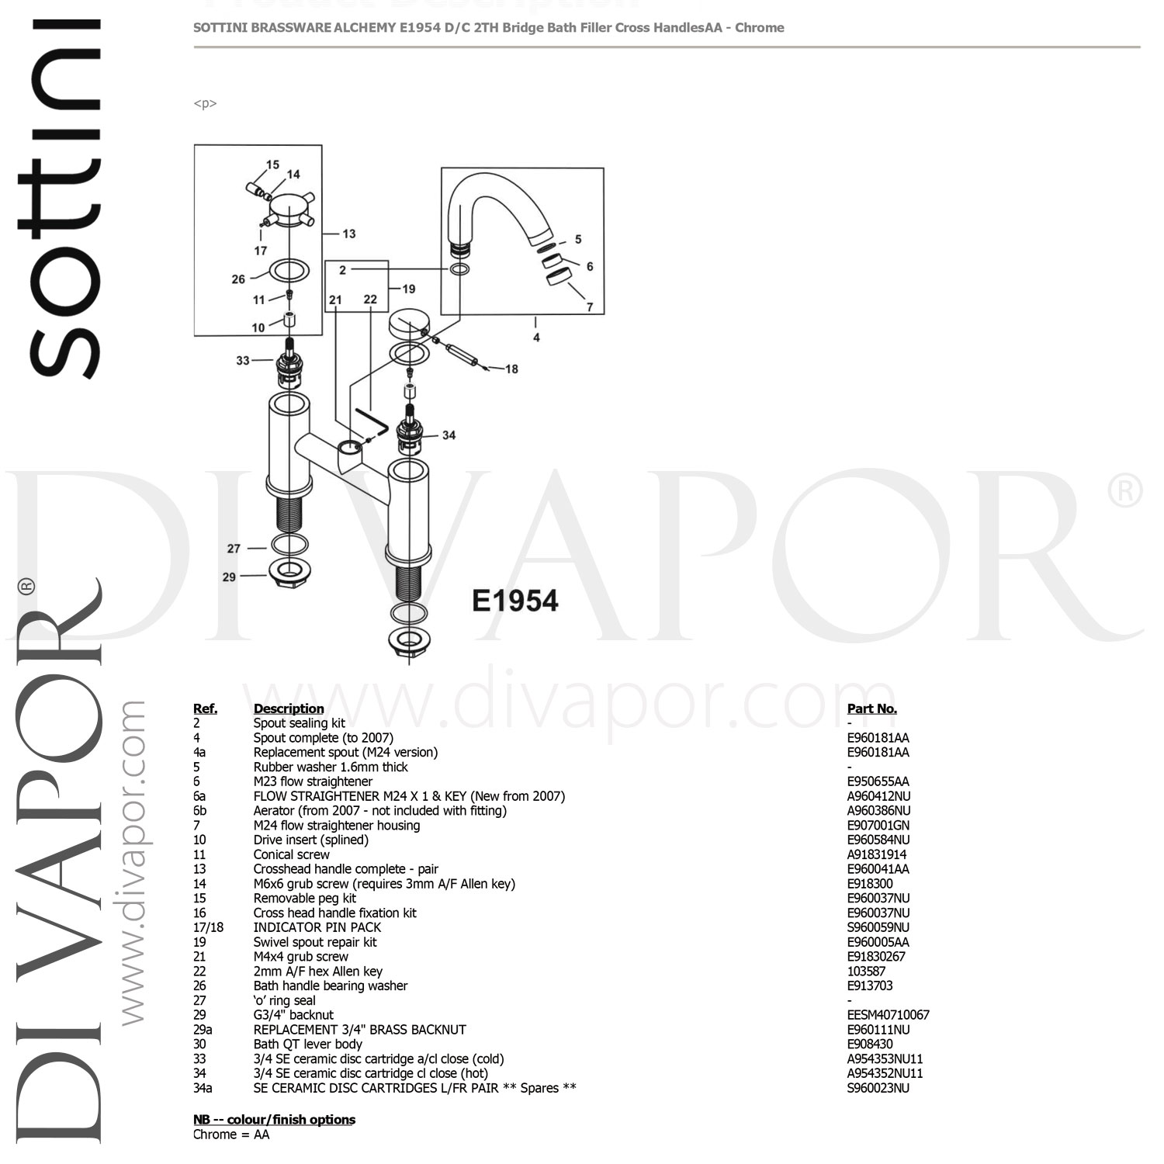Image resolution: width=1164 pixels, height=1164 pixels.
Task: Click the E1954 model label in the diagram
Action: point(515,601)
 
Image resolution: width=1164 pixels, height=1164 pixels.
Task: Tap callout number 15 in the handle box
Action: point(272,165)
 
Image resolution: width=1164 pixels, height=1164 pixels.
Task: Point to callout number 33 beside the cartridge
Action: point(243,360)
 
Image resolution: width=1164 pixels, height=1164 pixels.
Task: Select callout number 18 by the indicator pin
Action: point(511,369)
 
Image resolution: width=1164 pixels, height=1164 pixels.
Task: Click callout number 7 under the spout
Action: point(589,307)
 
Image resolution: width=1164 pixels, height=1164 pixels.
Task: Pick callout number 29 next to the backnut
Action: point(229,577)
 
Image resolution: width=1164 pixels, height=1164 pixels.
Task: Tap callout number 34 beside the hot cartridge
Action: point(449,435)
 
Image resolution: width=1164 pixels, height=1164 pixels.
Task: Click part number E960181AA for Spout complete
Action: point(878,738)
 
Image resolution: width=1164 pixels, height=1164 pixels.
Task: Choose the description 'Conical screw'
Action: point(291,854)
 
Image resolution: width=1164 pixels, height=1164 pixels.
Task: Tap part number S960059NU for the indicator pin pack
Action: point(878,927)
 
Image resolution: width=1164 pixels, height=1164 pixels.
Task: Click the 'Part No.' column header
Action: point(871,708)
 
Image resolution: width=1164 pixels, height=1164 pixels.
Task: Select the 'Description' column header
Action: point(289,708)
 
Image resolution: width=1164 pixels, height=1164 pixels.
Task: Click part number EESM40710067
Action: point(888,1015)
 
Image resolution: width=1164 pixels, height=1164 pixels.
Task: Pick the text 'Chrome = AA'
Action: point(231,1135)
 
